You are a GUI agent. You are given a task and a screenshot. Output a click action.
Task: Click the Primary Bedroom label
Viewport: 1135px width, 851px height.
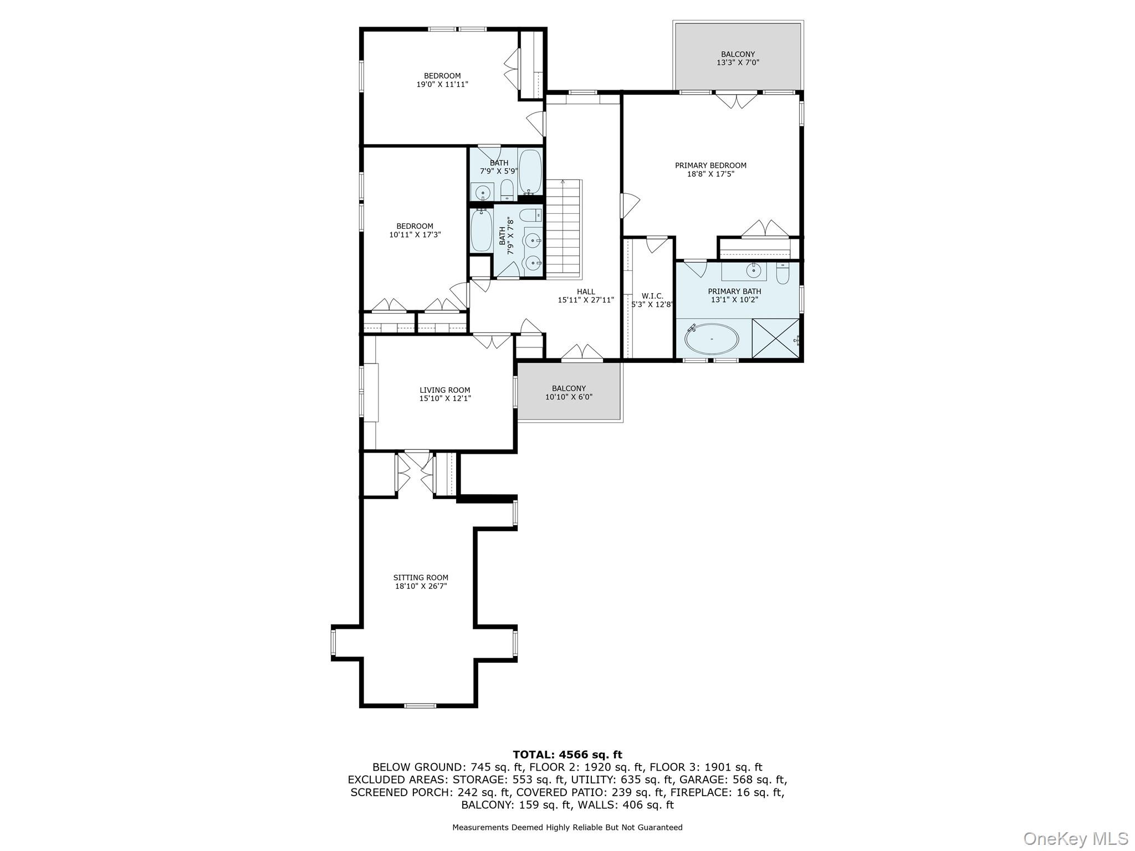pyautogui.click(x=710, y=166)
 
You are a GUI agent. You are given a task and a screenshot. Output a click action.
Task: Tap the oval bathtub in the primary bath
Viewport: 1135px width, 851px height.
pyautogui.click(x=712, y=339)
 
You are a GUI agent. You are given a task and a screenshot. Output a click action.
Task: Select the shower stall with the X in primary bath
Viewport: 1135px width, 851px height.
pyautogui.click(x=775, y=339)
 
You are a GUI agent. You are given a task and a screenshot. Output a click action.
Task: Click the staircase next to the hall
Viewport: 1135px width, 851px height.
pyautogui.click(x=564, y=227)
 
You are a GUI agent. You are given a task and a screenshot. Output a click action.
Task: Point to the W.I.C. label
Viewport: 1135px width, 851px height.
pyautogui.click(x=652, y=296)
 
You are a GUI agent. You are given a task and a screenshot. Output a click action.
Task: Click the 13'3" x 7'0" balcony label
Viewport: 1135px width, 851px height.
pyautogui.click(x=738, y=58)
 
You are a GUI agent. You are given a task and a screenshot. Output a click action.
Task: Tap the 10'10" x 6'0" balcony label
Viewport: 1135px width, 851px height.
pyautogui.click(x=569, y=393)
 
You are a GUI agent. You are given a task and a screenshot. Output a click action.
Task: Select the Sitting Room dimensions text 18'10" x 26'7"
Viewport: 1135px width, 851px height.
pyautogui.click(x=421, y=586)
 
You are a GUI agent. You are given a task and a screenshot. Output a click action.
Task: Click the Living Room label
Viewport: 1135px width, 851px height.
pyautogui.click(x=444, y=390)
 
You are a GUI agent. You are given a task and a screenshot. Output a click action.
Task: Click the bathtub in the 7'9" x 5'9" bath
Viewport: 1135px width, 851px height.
pyautogui.click(x=530, y=171)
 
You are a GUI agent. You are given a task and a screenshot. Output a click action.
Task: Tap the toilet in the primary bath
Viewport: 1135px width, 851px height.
pyautogui.click(x=782, y=274)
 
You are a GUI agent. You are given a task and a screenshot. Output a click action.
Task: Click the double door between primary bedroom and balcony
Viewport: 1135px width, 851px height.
pyautogui.click(x=736, y=101)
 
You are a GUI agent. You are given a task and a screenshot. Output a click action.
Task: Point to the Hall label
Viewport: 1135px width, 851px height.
pyautogui.click(x=586, y=291)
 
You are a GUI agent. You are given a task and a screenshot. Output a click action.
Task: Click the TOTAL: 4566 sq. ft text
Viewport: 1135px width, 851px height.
pyautogui.click(x=567, y=755)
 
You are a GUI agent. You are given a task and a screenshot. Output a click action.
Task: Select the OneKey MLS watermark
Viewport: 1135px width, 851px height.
pyautogui.click(x=1075, y=838)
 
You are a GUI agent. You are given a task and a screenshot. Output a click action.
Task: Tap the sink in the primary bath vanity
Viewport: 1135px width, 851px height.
pyautogui.click(x=753, y=271)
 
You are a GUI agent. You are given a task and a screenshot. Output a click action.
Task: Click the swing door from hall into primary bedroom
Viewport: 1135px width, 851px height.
pyautogui.click(x=630, y=205)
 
